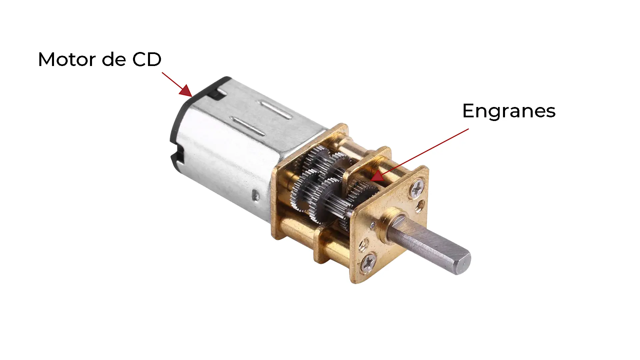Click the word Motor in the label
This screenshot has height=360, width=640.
pyautogui.click(x=67, y=59)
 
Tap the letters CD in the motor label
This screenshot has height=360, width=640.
pyautogui.click(x=147, y=59)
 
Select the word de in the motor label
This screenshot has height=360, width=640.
pyautogui.click(x=114, y=59)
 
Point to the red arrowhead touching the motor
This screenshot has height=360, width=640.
pyautogui.click(x=185, y=90)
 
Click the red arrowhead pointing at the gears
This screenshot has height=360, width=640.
pyautogui.click(x=377, y=176)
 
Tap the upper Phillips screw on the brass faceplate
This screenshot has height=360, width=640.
pyautogui.click(x=417, y=189)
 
